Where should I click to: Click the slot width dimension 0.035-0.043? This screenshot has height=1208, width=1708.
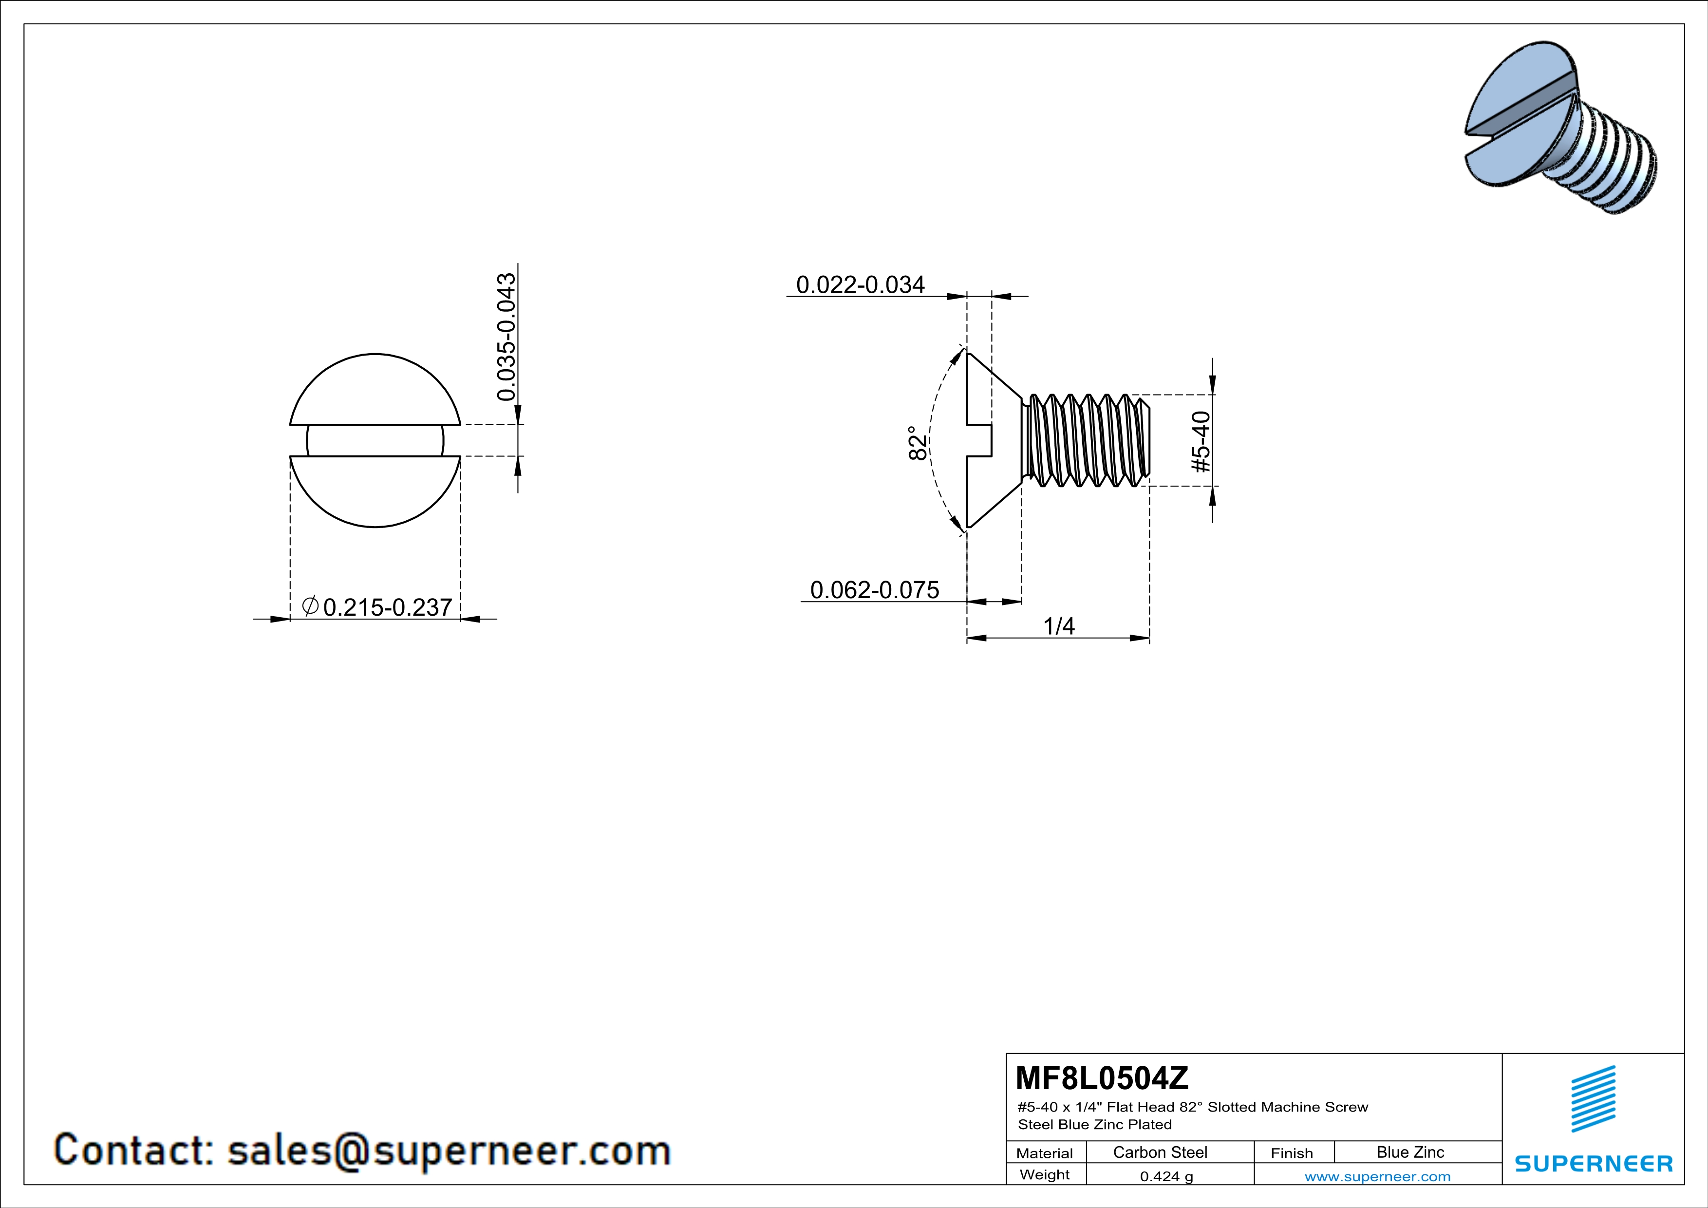click(x=507, y=337)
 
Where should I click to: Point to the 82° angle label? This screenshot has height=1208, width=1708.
click(x=919, y=443)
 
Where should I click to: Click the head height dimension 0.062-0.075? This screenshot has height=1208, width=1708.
click(x=874, y=590)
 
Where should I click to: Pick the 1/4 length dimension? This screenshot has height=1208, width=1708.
click(x=1059, y=626)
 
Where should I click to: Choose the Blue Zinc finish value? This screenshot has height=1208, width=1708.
click(x=1410, y=1152)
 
